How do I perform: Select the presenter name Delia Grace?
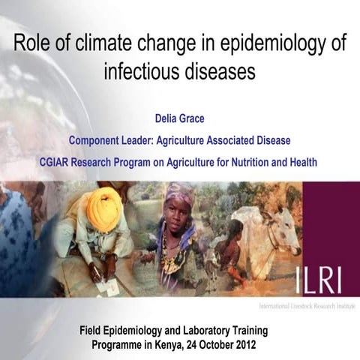(x=180, y=118)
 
